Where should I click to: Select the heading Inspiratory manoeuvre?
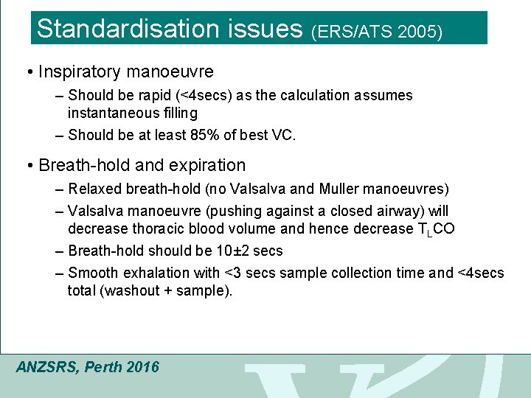click(x=126, y=71)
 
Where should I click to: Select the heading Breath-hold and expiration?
click(x=142, y=165)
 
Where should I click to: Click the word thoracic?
click(x=150, y=228)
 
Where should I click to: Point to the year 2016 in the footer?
click(x=142, y=366)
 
